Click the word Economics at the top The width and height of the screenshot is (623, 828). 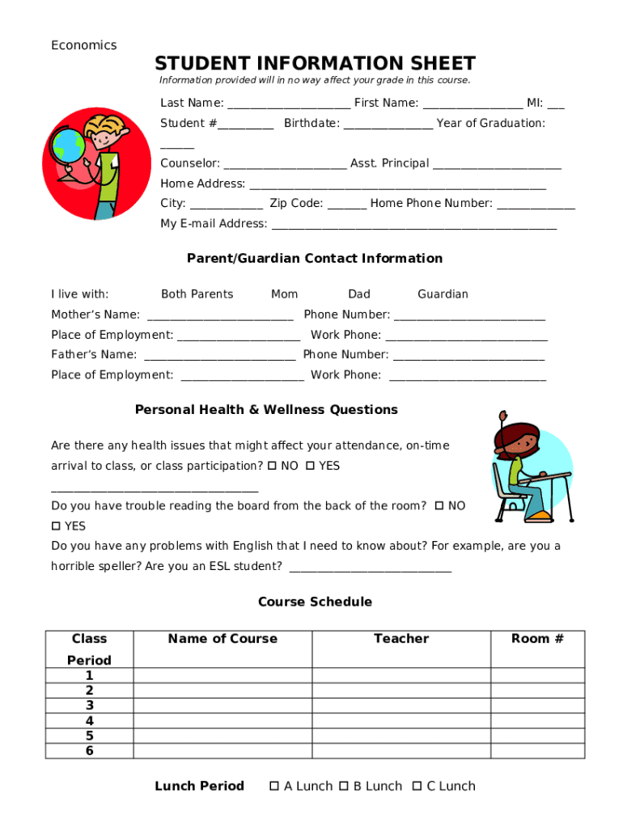[83, 45]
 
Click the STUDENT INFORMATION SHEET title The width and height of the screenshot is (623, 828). [315, 63]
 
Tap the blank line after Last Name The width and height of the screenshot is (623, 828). [289, 104]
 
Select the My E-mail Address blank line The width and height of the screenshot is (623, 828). [413, 225]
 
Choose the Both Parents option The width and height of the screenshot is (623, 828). [197, 294]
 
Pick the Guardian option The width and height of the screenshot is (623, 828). [443, 294]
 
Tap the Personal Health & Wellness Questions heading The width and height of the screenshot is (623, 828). [266, 410]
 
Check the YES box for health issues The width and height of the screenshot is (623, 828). [310, 466]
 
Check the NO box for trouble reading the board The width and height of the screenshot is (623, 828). [439, 505]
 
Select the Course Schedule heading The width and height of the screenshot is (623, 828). [315, 602]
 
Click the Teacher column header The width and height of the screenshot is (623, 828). [400, 639]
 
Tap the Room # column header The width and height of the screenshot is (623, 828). [537, 639]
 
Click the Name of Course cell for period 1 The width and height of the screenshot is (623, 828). [222, 676]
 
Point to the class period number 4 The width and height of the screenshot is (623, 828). [89, 720]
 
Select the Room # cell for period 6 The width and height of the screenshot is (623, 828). [537, 751]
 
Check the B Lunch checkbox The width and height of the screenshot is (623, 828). [343, 786]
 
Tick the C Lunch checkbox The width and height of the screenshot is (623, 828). [417, 786]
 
